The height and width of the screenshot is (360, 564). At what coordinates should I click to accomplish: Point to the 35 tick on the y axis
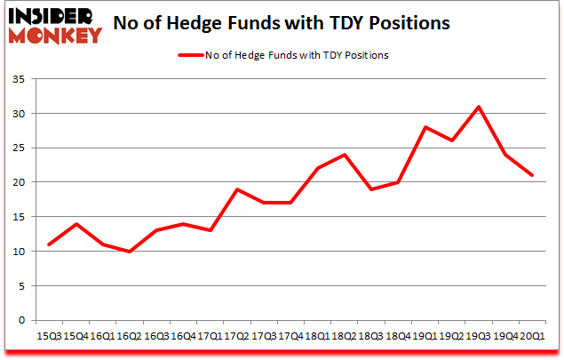[x=20, y=80]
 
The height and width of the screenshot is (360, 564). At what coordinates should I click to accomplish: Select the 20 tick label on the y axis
[x=20, y=182]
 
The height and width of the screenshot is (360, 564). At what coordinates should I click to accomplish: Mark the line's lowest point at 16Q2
[x=130, y=252]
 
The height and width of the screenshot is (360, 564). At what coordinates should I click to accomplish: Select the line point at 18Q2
[x=343, y=155]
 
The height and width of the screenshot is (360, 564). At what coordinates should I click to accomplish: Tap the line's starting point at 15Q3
[x=49, y=244]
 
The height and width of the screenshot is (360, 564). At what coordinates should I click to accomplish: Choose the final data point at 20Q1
[x=532, y=175]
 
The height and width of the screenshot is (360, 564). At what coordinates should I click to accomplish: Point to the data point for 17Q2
[x=237, y=189]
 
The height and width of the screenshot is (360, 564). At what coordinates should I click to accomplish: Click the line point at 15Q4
[x=75, y=224]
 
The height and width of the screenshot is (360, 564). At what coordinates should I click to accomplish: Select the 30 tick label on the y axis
[x=20, y=114]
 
